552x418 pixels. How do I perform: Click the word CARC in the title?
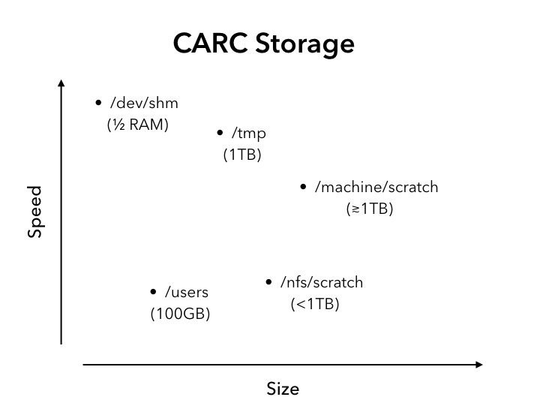(210, 43)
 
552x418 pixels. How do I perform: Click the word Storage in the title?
(304, 44)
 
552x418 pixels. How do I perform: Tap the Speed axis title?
(34, 212)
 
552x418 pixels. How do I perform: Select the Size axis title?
(283, 389)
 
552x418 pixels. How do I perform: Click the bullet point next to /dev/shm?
(98, 103)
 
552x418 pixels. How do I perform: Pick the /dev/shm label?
(144, 103)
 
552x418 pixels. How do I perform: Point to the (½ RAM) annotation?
(138, 125)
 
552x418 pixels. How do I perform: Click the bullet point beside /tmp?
(220, 133)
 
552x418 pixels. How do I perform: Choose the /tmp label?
(249, 134)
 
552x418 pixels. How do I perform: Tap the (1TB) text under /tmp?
(242, 155)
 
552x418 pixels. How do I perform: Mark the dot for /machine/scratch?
(303, 187)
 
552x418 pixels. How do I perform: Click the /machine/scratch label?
(376, 187)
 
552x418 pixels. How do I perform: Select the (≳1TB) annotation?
(370, 209)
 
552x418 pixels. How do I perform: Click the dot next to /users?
(153, 292)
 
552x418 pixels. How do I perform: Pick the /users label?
(187, 292)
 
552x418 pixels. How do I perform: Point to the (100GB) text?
(180, 314)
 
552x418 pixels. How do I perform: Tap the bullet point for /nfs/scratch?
(268, 281)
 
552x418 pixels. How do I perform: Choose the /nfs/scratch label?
(322, 282)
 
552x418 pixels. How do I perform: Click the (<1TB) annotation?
(315, 304)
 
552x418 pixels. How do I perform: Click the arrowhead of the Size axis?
(479, 365)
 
